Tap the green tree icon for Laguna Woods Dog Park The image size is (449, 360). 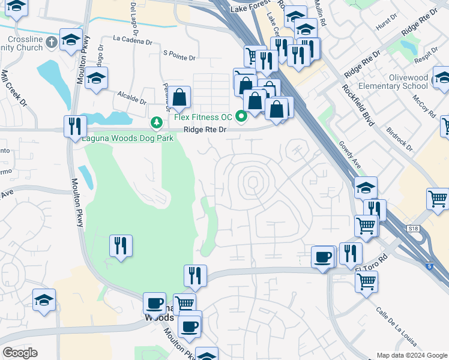[x=157, y=123]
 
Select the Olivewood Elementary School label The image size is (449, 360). [x=408, y=82]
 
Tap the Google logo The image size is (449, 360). [x=20, y=353]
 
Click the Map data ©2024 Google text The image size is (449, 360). [x=411, y=355]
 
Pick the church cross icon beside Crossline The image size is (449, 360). [x=51, y=43]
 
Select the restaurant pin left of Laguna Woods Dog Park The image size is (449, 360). [x=75, y=126]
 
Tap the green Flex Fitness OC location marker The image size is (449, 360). [x=242, y=116]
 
